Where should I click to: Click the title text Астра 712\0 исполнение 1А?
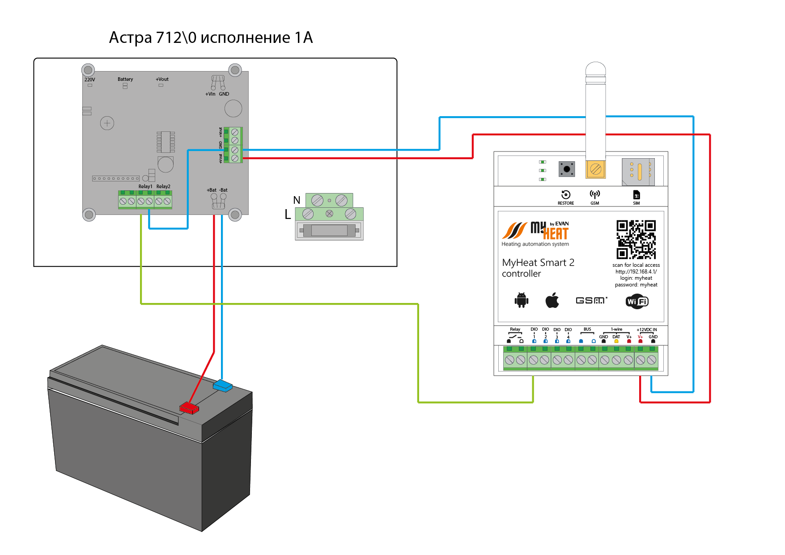coord(211,38)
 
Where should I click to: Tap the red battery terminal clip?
coord(189,408)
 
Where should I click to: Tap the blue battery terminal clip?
coord(223,386)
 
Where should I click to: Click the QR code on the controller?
coord(636,240)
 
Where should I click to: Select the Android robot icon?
coord(522,300)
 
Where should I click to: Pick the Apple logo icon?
coord(552,300)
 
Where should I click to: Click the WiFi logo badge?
coord(637,301)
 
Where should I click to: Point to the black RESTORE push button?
coord(567,169)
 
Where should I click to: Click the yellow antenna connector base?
coord(595,169)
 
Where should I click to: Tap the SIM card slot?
coord(638,172)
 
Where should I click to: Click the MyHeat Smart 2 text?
coord(538,263)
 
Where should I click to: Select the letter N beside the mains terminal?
coord(297,200)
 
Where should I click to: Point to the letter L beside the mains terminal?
coord(288,215)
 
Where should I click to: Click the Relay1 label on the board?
coord(145,186)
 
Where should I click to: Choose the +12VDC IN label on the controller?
coord(647,330)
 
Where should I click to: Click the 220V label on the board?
coord(90,80)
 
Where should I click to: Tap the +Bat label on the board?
coord(212,190)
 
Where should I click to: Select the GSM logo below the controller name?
coord(591,300)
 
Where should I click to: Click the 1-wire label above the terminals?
coord(616,329)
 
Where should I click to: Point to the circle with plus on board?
coord(107,123)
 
